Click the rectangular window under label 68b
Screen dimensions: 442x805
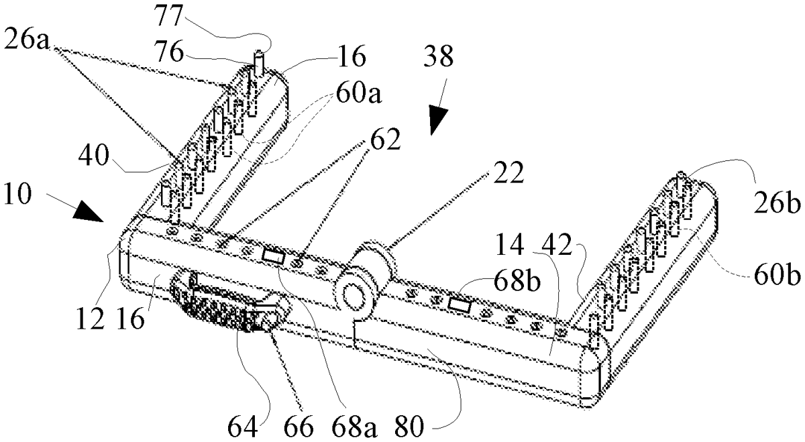click(461, 305)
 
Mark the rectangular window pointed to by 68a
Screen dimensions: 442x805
click(273, 256)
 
